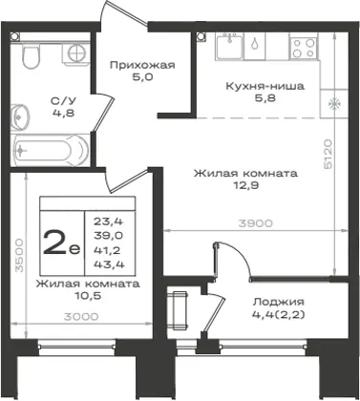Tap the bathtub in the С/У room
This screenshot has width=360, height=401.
click(50, 150)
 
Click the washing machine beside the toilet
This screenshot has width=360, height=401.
click(75, 54)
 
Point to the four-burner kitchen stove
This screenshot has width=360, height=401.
click(304, 47)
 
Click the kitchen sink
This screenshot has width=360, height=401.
click(229, 46)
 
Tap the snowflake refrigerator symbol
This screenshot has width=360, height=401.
click(333, 104)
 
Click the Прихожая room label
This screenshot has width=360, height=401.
click(142, 66)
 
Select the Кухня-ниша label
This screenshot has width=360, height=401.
click(265, 86)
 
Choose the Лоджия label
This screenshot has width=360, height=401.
click(279, 302)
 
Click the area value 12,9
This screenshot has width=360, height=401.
click(244, 185)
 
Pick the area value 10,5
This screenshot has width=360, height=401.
click(88, 296)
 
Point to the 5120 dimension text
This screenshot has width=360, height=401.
click(328, 154)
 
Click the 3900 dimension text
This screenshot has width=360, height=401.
click(256, 223)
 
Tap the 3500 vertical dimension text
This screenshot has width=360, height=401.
click(20, 255)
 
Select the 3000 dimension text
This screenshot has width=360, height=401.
click(81, 317)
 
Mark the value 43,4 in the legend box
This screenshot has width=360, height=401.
click(109, 264)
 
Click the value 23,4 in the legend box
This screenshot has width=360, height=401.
click(108, 221)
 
